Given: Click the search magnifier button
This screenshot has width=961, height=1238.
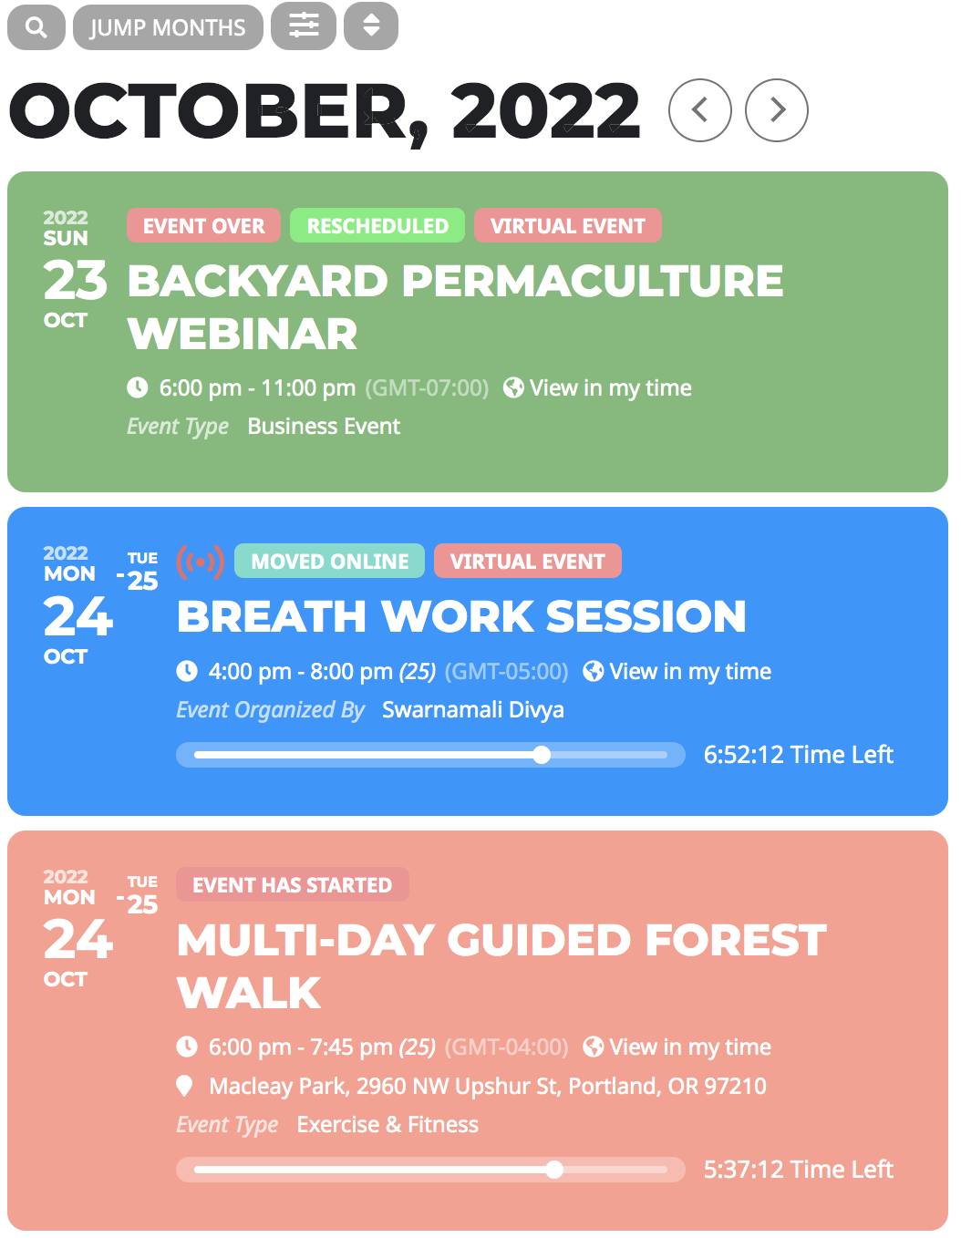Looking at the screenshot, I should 36,27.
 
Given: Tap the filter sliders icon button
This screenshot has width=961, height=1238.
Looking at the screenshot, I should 304,26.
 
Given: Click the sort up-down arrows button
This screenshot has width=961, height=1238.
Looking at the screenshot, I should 371,26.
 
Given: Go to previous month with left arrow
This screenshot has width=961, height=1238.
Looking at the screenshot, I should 700,110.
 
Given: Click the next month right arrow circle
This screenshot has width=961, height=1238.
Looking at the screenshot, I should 777,110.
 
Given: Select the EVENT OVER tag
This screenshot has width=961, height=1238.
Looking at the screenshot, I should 203,226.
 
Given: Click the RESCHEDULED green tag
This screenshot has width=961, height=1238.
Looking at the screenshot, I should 377,226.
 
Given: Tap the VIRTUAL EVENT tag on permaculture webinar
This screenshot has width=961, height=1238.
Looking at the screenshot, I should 567,226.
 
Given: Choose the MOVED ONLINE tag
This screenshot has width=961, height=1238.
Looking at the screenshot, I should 329,562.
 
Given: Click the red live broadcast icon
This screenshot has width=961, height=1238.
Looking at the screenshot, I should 200,562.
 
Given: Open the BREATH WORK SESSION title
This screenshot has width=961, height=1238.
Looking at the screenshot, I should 461,616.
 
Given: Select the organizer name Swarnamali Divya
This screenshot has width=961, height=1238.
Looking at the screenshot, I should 472,710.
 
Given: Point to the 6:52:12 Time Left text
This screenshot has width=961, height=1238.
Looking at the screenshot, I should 798,755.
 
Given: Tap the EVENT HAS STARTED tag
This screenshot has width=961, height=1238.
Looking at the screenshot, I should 292,885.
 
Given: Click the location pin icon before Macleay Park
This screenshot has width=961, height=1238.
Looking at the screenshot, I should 185,1086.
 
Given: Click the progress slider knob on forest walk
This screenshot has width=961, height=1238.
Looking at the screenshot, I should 554,1170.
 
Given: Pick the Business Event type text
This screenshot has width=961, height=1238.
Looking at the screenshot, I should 324,427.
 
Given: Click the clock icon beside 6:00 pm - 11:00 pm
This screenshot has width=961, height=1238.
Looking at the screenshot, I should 138,388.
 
